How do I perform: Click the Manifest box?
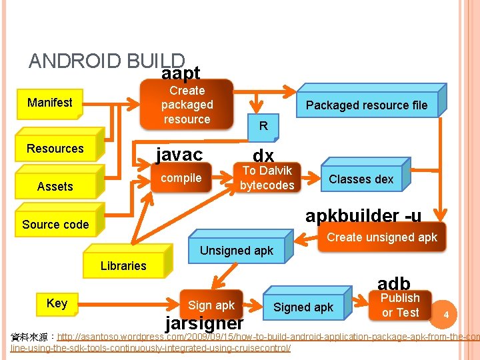pos(49,103)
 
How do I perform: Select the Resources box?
pos(55,149)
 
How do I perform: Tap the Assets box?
pos(55,187)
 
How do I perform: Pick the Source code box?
pos(55,225)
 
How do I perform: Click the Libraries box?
pos(123,266)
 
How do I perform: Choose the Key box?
pos(57,303)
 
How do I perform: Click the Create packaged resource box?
pos(187,105)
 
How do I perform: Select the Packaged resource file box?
pos(366,105)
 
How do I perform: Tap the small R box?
pos(263,126)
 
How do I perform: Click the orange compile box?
pos(181,178)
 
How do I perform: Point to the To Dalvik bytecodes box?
pos(267,178)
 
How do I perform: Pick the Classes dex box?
pos(361,179)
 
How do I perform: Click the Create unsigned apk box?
pos(382,238)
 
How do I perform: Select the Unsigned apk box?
pos(237,251)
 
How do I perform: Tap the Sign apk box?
pos(211,305)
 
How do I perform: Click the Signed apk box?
pos(303,307)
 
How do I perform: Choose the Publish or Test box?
pos(400,305)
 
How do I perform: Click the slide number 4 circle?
pos(446,313)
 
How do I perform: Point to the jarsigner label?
pos(204,323)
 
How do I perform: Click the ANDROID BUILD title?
pos(107,61)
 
